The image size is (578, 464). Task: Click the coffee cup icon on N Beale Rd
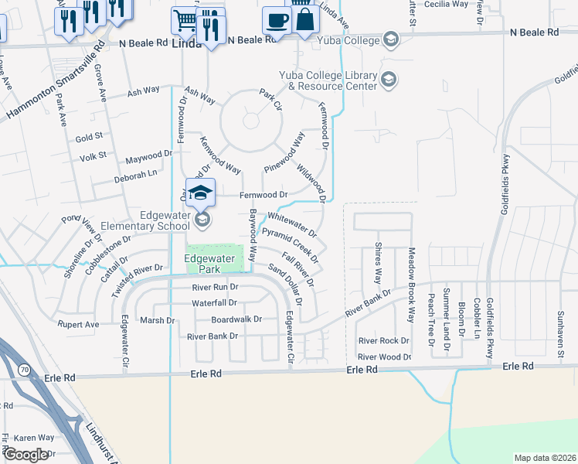coord(277,19)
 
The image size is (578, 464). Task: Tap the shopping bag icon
coord(306,19)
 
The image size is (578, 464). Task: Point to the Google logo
coord(25,455)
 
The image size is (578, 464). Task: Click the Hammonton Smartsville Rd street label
coord(54,81)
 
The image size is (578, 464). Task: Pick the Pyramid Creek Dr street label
coord(290,244)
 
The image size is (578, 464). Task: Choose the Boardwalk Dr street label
coord(237,319)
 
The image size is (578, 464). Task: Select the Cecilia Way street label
coord(447,4)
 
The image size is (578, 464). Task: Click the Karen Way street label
coord(33,438)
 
